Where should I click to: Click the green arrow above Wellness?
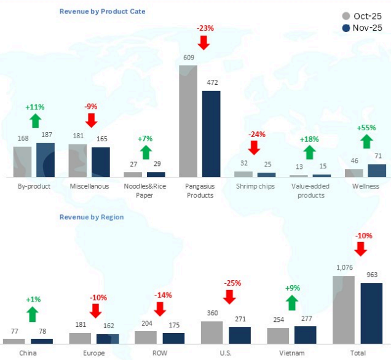click(366, 141)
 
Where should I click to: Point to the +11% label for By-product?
click(36, 107)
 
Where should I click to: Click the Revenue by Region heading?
click(92, 217)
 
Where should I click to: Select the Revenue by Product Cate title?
click(103, 12)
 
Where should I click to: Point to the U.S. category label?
click(226, 353)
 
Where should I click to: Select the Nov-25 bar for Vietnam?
click(305, 334)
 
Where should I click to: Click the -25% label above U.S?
click(230, 283)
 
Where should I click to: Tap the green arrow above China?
click(33, 314)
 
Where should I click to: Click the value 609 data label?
click(188, 58)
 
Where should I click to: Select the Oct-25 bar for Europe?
click(80, 337)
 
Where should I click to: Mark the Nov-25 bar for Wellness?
click(377, 170)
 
